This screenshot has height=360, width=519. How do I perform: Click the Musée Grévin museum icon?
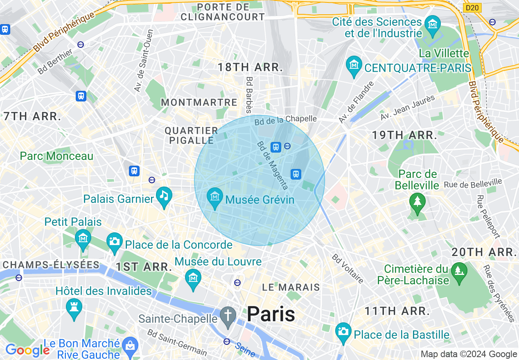point(214,197)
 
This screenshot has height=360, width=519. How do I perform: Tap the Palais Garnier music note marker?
point(164,195)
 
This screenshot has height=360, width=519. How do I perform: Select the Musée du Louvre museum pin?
point(193,278)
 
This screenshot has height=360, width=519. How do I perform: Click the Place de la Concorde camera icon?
point(115,241)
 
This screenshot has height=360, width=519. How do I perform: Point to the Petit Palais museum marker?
point(83,238)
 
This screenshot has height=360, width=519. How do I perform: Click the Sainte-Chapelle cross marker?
point(228,315)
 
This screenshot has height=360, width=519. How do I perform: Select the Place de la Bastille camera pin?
point(343,331)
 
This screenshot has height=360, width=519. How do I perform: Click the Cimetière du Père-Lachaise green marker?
point(458,271)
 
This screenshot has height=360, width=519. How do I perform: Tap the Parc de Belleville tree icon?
point(417,201)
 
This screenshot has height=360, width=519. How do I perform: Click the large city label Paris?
point(271,314)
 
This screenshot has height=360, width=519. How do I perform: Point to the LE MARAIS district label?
point(291,287)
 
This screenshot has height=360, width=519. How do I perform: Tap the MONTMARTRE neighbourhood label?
point(199,102)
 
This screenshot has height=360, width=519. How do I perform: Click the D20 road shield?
point(472,8)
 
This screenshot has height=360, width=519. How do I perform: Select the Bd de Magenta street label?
point(273,165)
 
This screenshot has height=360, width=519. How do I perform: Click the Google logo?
point(27,350)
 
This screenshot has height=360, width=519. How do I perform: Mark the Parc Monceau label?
point(56,156)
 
